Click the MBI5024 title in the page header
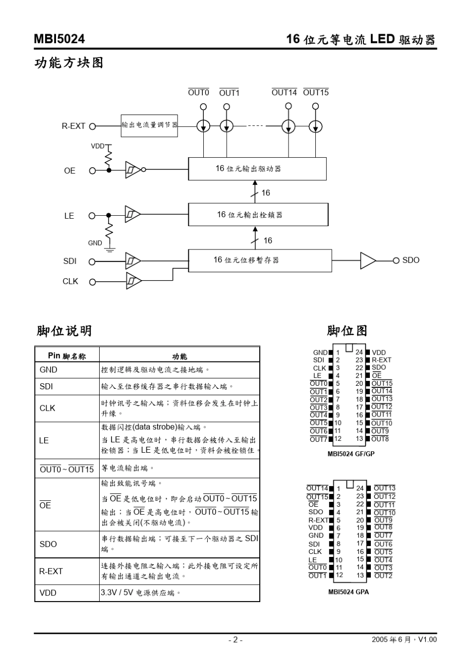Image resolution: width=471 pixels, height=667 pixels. pos(59,39)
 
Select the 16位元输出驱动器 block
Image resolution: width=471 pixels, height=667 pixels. pos(257,169)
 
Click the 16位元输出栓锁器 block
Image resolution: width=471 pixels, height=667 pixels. pos(258,215)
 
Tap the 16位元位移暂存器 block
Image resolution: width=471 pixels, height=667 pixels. pos(259,260)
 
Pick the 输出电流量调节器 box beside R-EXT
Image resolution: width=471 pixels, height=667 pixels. pos(149,125)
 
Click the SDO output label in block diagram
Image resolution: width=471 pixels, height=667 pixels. pos(411,260)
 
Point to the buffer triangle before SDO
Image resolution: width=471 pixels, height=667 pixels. pos(367,261)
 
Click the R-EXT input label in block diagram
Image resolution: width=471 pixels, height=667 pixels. pos(73,126)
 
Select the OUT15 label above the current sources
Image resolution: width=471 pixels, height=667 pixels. pos(315,93)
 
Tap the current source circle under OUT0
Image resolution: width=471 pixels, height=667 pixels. pos(203,126)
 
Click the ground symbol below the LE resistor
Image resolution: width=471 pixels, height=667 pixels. pos(110,249)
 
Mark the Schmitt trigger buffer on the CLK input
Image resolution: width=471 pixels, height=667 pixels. pos(133,281)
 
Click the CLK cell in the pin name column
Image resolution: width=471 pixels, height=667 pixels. pos(48,408)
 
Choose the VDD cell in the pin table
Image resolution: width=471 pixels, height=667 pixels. pos(48,593)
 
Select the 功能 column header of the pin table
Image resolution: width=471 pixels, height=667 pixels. pos(179,356)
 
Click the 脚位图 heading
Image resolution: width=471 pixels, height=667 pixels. pos(347,331)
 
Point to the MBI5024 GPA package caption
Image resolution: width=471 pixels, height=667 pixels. pos(348,592)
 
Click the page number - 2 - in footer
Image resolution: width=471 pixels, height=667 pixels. pos(235,640)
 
